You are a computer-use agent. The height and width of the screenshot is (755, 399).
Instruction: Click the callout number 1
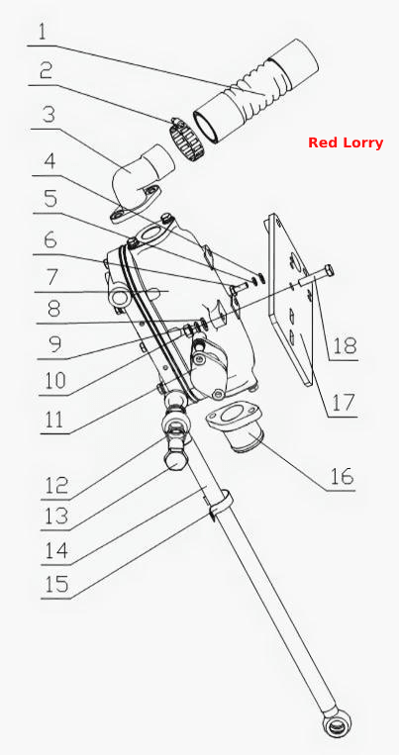click(x=43, y=32)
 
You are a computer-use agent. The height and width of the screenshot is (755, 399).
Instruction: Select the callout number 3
click(x=49, y=114)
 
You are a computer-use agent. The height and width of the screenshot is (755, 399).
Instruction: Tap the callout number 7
click(x=52, y=278)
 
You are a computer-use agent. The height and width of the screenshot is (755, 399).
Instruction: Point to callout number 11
click(x=53, y=420)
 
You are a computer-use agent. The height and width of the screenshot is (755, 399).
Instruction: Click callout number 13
click(x=55, y=517)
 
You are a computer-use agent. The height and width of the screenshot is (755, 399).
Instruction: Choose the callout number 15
click(x=55, y=585)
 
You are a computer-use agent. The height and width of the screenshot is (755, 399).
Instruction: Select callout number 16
click(x=342, y=476)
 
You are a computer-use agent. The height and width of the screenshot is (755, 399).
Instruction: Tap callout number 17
click(x=344, y=403)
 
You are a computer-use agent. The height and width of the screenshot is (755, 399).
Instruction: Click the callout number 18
click(x=345, y=344)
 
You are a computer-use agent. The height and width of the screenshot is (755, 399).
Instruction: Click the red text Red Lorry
click(x=346, y=142)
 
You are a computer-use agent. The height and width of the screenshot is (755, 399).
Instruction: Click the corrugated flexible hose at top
click(x=255, y=91)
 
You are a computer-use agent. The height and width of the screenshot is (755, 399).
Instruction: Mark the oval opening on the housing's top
click(x=150, y=236)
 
